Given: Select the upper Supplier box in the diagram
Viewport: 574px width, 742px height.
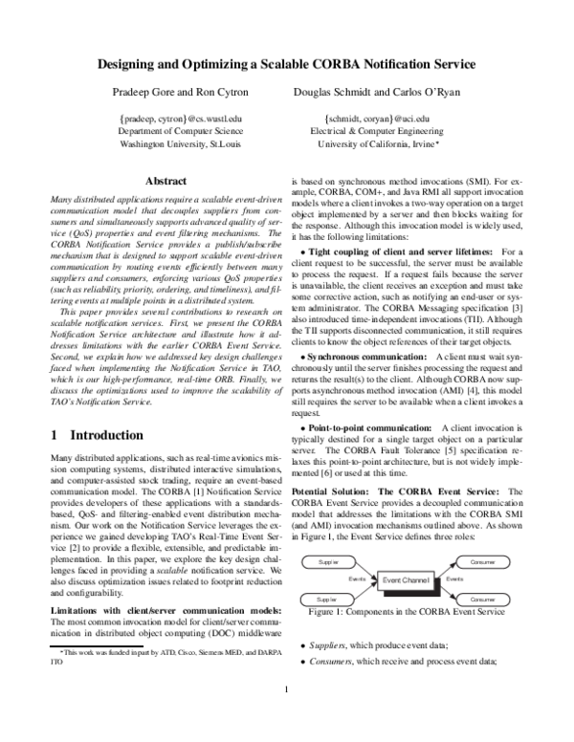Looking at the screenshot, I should [328, 562].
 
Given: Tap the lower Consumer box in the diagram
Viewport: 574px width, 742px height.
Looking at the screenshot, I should [483, 599].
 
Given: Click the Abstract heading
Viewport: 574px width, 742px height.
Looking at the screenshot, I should [165, 181].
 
